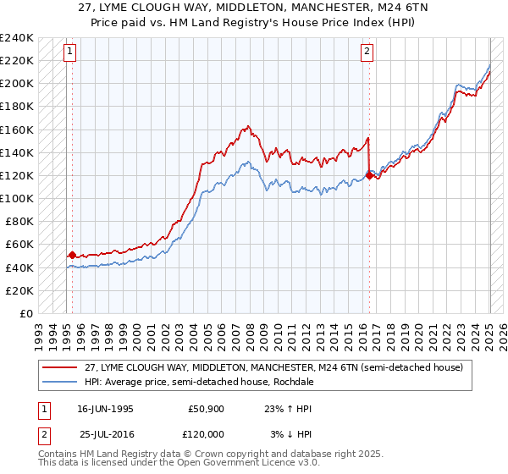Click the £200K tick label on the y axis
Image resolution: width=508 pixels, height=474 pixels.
coord(18,84)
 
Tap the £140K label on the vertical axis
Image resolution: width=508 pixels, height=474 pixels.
coord(18,152)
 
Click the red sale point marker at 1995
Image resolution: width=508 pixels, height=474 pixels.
coord(72,254)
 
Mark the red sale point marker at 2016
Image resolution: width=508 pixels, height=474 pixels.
coord(368,175)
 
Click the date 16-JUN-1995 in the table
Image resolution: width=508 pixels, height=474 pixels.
coord(105,408)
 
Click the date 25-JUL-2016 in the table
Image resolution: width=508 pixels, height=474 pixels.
coord(105,433)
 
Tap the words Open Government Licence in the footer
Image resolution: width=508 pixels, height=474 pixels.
coord(254,464)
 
